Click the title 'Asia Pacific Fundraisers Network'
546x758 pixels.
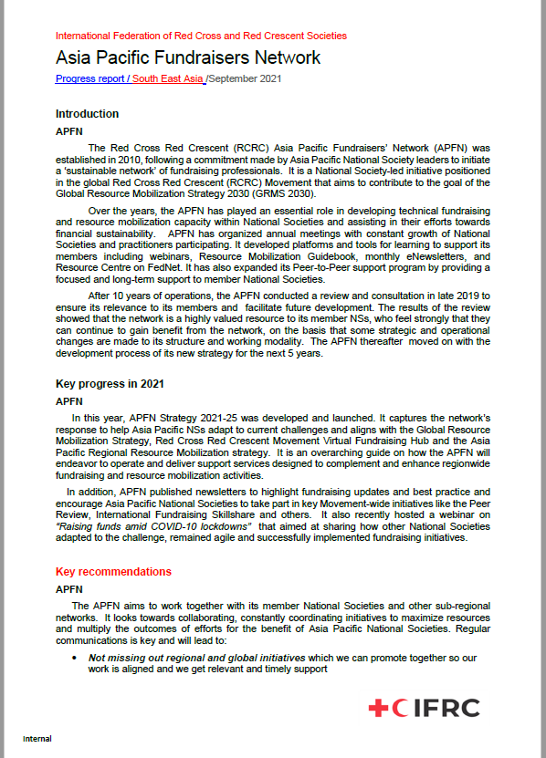pyautogui.click(x=188, y=57)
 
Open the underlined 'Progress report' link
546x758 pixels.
pyautogui.click(x=89, y=78)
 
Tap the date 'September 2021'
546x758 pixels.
pyautogui.click(x=246, y=78)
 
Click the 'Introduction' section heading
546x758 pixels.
pyautogui.click(x=87, y=114)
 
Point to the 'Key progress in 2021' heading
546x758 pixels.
pyautogui.click(x=110, y=384)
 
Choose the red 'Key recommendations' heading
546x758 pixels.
pyautogui.click(x=113, y=572)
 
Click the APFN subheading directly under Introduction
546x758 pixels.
pyautogui.click(x=69, y=131)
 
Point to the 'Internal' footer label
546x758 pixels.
pyautogui.click(x=37, y=738)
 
